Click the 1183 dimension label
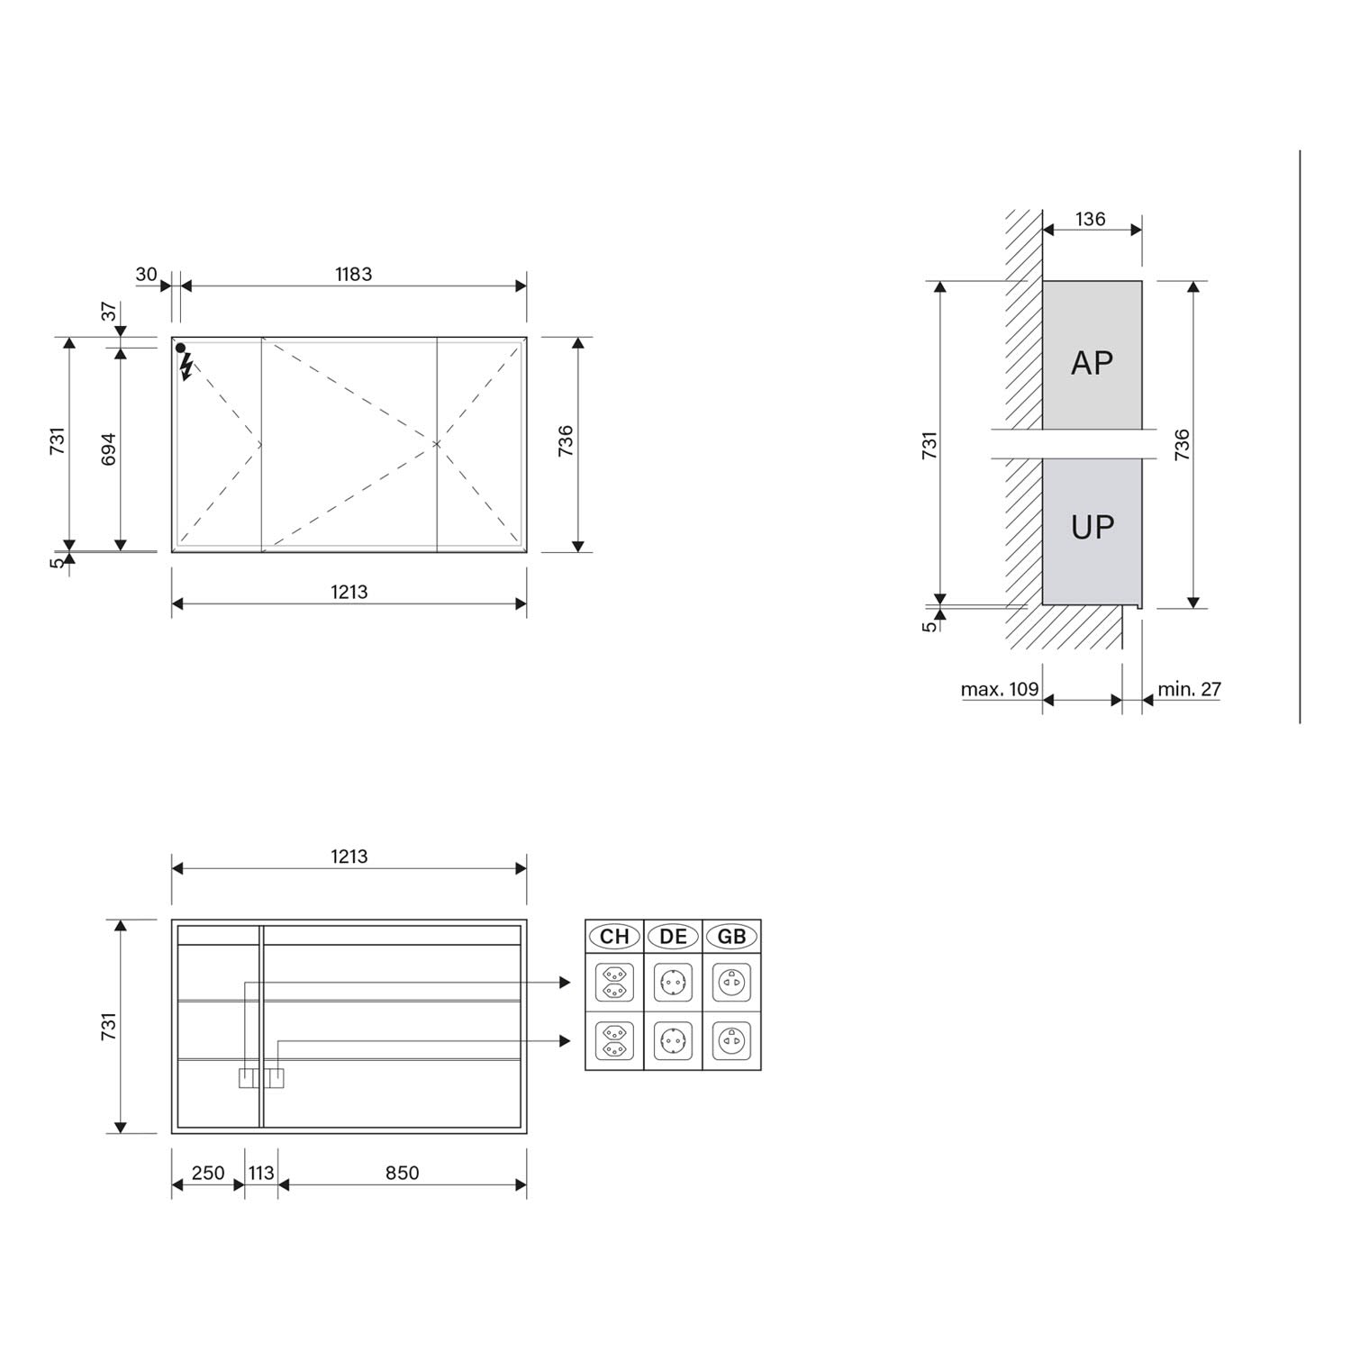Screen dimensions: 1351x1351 click(353, 274)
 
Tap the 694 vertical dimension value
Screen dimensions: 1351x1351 click(108, 449)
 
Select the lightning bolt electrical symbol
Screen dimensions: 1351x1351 click(186, 366)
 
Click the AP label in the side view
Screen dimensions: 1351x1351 click(1092, 363)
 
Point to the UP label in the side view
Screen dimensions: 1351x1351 click(1092, 527)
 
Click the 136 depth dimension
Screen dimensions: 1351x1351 click(1090, 219)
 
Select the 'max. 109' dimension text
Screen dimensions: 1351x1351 click(1000, 689)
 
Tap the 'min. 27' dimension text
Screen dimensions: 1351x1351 click(1189, 689)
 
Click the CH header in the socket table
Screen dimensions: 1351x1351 click(614, 937)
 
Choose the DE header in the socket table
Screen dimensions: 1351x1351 click(673, 937)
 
